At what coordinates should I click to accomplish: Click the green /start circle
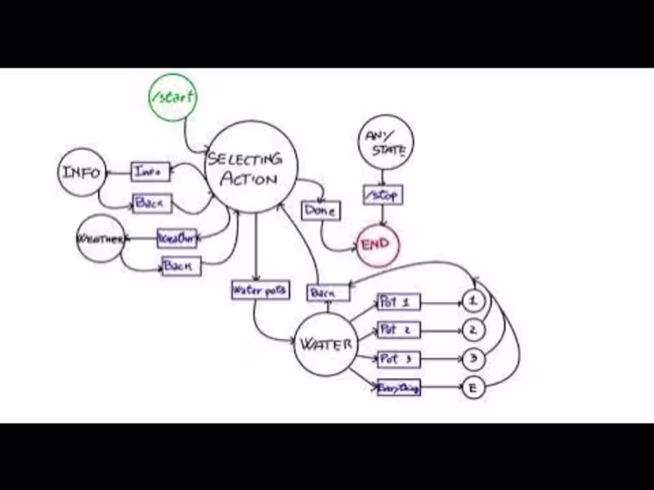pyautogui.click(x=172, y=98)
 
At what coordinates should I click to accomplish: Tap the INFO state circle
pyautogui.click(x=82, y=172)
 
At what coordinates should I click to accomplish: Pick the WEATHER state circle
pyautogui.click(x=100, y=238)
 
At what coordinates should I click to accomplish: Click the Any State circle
pyautogui.click(x=386, y=141)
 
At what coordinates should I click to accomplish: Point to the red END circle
pyautogui.click(x=377, y=244)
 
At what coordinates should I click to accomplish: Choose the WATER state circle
pyautogui.click(x=325, y=344)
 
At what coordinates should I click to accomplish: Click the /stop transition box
pyautogui.click(x=383, y=195)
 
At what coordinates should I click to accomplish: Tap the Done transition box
pyautogui.click(x=320, y=210)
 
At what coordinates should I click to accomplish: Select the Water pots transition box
pyautogui.click(x=259, y=290)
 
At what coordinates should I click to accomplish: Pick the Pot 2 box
pyautogui.click(x=398, y=331)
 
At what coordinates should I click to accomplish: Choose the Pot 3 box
pyautogui.click(x=398, y=359)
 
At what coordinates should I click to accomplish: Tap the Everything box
pyautogui.click(x=398, y=389)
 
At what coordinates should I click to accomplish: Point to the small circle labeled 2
pyautogui.click(x=473, y=330)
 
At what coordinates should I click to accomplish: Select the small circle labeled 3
pyautogui.click(x=473, y=359)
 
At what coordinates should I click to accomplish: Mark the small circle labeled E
pyautogui.click(x=473, y=388)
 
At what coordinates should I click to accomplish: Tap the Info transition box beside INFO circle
pyautogui.click(x=150, y=171)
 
